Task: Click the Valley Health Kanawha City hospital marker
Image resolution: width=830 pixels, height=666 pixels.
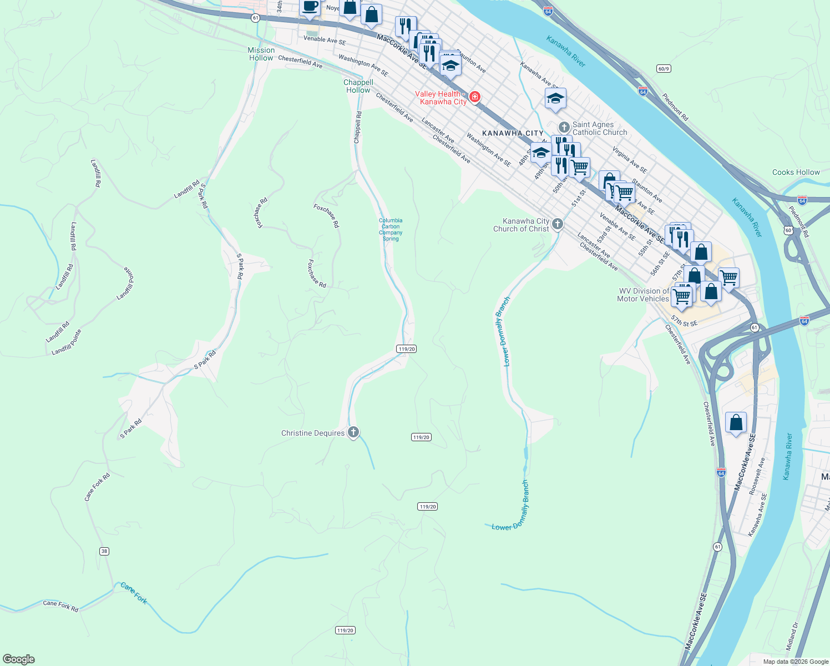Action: point(474,98)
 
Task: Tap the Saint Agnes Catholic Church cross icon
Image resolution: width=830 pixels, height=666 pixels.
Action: point(564,128)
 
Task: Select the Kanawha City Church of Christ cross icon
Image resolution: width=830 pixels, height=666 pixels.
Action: point(558,224)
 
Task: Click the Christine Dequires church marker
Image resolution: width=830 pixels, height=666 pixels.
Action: point(353,432)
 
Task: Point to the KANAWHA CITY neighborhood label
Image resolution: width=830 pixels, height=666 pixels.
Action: point(513,133)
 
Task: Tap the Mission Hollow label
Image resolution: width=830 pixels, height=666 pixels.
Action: point(261,54)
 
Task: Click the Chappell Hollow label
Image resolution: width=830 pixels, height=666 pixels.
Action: point(358,86)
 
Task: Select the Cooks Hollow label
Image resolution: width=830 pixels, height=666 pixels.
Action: point(796,172)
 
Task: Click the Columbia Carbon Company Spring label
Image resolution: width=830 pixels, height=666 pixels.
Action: point(391,229)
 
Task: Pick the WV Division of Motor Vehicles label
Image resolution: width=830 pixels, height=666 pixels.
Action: point(643,295)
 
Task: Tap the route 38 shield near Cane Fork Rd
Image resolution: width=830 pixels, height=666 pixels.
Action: point(104,551)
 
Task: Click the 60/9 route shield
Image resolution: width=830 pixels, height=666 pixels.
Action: point(664,69)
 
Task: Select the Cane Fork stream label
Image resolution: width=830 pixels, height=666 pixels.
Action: point(134,593)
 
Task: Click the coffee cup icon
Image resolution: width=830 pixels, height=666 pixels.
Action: point(310,6)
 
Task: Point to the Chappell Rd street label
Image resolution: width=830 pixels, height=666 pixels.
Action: point(358,128)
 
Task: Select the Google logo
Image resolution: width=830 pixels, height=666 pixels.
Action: point(19,659)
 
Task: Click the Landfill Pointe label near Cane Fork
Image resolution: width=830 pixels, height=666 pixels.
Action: point(67,342)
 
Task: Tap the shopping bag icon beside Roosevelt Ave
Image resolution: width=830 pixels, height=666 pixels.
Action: point(736,423)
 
